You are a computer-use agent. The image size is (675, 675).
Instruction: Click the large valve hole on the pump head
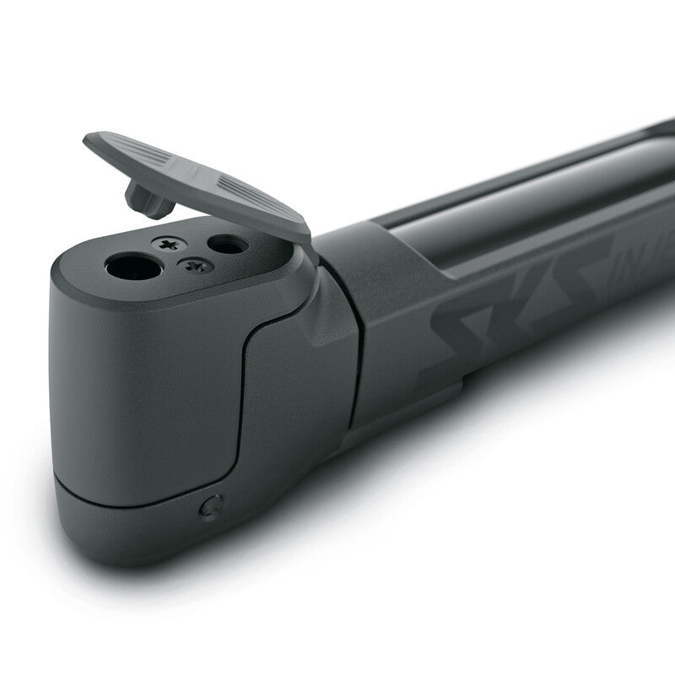(x=133, y=267)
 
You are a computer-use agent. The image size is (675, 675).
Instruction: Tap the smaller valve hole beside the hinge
(x=227, y=245)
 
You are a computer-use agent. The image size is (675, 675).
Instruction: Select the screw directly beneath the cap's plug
(x=169, y=244)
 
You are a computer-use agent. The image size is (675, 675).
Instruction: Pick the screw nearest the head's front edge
(x=196, y=266)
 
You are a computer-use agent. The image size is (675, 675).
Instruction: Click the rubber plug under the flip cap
(x=148, y=199)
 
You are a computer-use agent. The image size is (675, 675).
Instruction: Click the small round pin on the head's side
(x=211, y=506)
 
